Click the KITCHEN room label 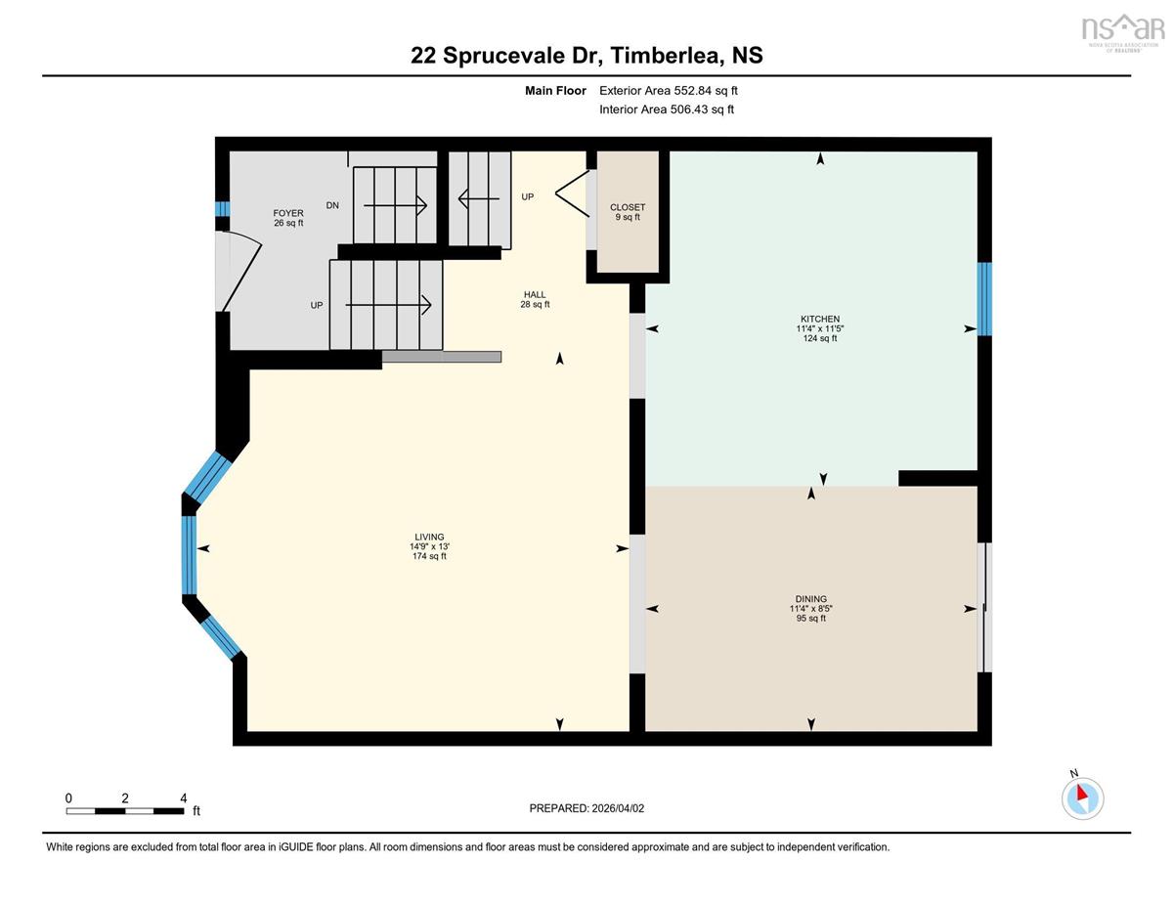click(819, 319)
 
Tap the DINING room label click(810, 599)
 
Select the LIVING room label click(429, 537)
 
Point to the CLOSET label click(628, 207)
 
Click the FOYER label click(288, 213)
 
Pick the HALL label click(535, 294)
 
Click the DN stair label click(332, 205)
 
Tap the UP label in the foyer click(317, 305)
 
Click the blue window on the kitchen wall click(984, 299)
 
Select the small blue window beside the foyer click(223, 209)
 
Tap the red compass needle click(1081, 793)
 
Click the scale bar click(125, 811)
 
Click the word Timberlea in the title click(668, 55)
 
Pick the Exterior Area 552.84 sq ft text click(669, 91)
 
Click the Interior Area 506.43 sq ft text click(667, 109)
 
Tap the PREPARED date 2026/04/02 click(618, 808)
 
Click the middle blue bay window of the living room click(189, 555)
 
